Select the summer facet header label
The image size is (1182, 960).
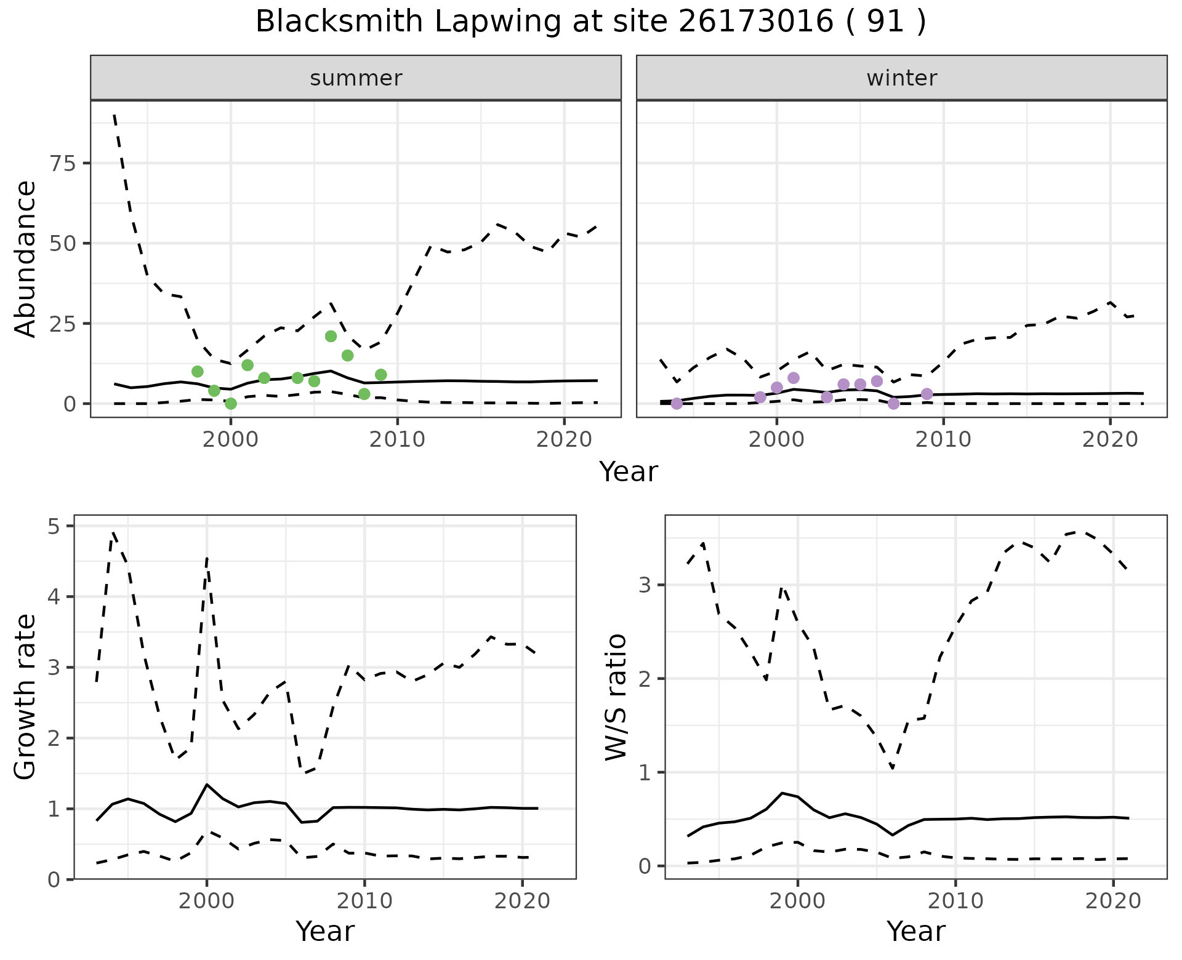click(355, 78)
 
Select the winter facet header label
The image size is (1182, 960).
click(901, 78)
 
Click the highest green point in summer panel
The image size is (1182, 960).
click(331, 336)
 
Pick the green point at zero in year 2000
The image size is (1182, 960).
click(231, 404)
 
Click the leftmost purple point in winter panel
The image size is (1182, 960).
click(677, 404)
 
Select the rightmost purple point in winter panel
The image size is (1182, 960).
click(927, 394)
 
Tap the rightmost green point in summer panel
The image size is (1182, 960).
click(380, 375)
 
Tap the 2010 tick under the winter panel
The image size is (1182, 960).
click(943, 439)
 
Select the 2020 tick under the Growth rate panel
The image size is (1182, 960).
click(522, 902)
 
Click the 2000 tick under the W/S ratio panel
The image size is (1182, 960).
click(797, 902)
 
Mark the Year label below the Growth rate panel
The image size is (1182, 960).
click(325, 932)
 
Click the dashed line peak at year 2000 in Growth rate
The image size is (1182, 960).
click(207, 558)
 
